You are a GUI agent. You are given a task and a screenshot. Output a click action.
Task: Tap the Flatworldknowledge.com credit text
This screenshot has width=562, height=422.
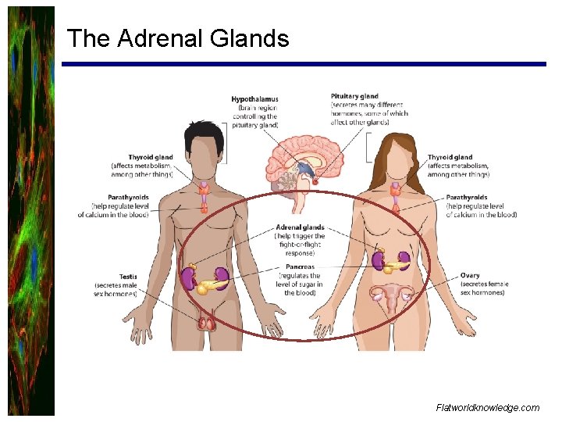[488, 407]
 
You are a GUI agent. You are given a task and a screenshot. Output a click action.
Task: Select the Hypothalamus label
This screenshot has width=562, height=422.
[254, 99]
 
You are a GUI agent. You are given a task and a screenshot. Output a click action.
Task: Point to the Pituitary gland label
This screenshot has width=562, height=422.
[354, 96]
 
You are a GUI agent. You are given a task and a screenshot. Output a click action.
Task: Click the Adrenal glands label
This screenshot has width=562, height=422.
[300, 227]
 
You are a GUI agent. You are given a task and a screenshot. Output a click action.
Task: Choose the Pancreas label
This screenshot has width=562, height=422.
[300, 267]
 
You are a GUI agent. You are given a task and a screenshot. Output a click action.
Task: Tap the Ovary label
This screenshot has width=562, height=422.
[471, 276]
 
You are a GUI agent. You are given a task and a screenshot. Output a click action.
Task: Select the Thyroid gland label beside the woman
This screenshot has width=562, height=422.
[450, 157]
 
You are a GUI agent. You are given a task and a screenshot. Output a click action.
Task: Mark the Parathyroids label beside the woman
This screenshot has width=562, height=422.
[467, 198]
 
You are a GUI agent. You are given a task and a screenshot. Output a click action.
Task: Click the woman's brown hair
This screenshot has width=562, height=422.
[397, 148]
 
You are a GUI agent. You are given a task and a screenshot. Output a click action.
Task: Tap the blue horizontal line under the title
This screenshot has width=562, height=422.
[304, 64]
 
